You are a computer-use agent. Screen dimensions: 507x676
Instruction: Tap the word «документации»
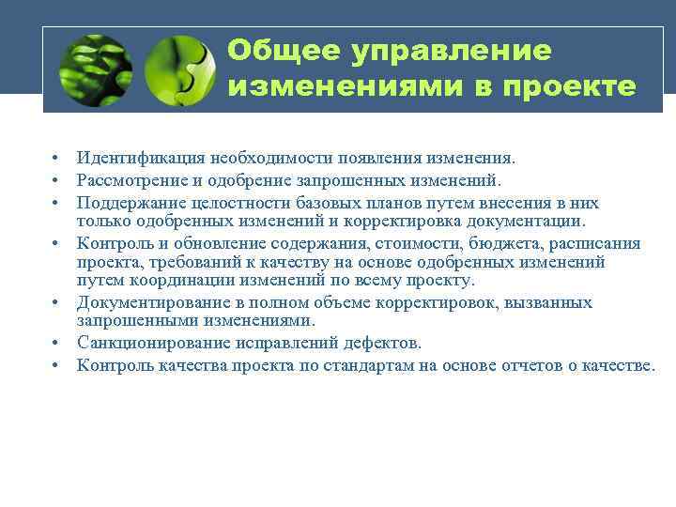529,222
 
